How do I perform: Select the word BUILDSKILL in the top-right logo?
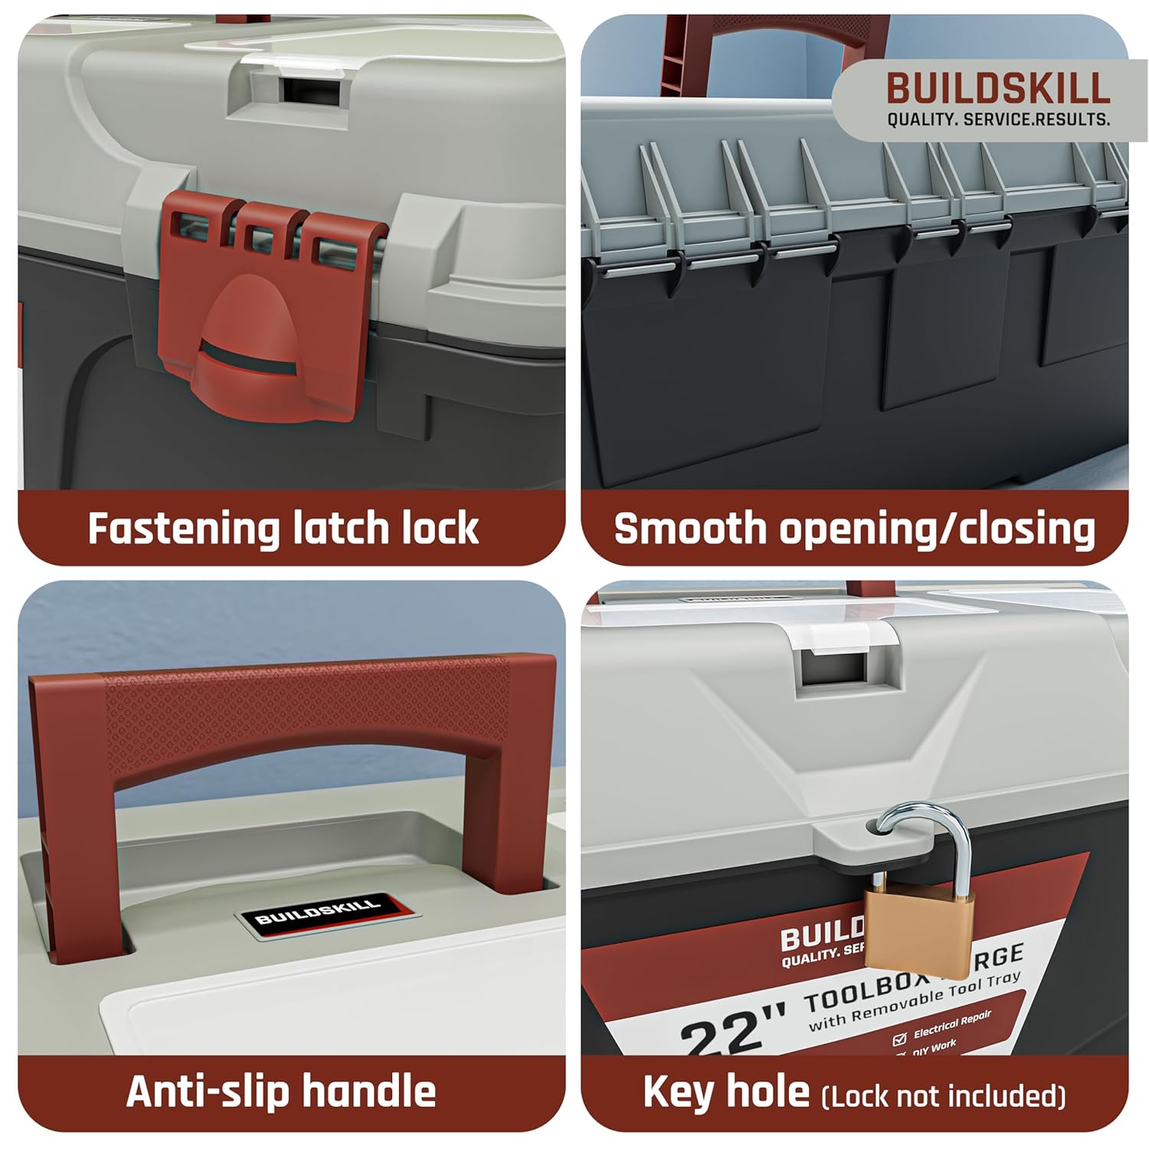[998, 89]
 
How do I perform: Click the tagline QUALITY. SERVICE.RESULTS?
[998, 119]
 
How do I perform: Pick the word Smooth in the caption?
[689, 529]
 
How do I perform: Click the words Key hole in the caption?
[725, 1092]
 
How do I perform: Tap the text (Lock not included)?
[943, 1095]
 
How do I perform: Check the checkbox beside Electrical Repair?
[899, 1039]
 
